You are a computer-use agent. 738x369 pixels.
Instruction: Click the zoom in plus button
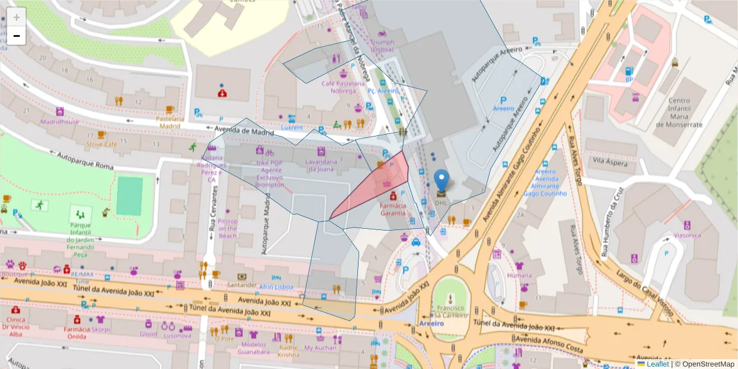[x=17, y=17]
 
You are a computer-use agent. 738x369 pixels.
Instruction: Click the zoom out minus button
[x=17, y=36]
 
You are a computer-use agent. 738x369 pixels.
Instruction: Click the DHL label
[x=442, y=201]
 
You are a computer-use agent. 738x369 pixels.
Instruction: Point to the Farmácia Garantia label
[x=393, y=209]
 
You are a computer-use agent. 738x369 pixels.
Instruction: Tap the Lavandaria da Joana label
[x=322, y=165]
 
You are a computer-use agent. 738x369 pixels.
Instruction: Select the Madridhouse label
[x=60, y=122]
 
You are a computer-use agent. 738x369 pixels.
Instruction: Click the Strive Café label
[x=101, y=145]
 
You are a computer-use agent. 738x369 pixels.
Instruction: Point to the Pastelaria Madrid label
[x=170, y=122]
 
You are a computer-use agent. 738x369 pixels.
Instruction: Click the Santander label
[x=242, y=285]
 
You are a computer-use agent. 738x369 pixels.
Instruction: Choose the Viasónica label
[x=687, y=235]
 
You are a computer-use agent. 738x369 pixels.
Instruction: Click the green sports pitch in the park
[x=129, y=196]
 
